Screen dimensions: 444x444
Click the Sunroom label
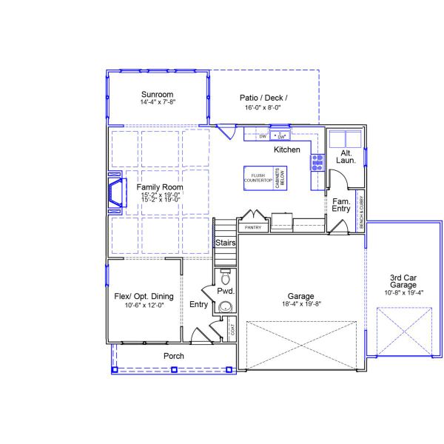(157, 95)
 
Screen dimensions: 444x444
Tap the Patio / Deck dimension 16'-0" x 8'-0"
(263, 108)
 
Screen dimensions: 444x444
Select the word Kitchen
(287, 150)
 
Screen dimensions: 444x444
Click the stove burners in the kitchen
(317, 162)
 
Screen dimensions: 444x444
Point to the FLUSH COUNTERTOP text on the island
(258, 178)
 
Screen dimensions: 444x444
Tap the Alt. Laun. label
(346, 157)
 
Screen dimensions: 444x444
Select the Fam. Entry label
(341, 205)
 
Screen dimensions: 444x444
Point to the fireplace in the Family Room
(115, 192)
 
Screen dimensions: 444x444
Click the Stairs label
(225, 243)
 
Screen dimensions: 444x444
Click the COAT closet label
(232, 331)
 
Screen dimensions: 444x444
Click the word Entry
(198, 304)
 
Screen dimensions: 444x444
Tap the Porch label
(174, 356)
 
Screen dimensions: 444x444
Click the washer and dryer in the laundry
(345, 139)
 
